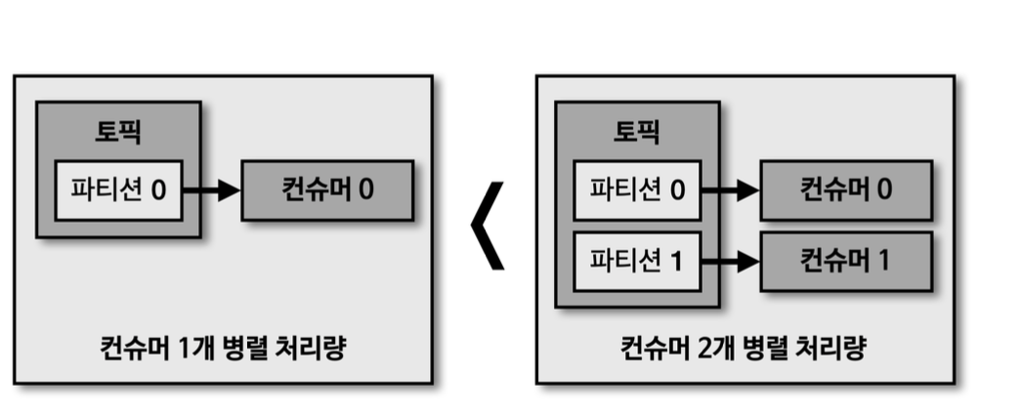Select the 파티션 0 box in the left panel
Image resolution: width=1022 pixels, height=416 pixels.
pyautogui.click(x=118, y=189)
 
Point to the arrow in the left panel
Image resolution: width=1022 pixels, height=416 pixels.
pyautogui.click(x=211, y=189)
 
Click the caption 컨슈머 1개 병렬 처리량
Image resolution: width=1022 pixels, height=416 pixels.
pyautogui.click(x=222, y=348)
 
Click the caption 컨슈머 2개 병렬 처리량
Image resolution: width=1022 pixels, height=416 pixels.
pyautogui.click(x=743, y=348)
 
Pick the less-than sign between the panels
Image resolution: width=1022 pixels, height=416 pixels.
pyautogui.click(x=488, y=226)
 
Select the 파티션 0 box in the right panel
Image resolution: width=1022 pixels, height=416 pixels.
pyautogui.click(x=637, y=189)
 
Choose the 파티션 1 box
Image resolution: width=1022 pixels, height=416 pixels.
pyautogui.click(x=637, y=261)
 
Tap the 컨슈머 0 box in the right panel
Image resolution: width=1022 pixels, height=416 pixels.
pyautogui.click(x=846, y=189)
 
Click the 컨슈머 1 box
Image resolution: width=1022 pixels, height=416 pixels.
pyautogui.click(x=846, y=261)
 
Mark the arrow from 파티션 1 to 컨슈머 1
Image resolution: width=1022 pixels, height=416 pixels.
pyautogui.click(x=731, y=261)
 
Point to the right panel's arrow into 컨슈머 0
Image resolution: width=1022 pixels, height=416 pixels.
pyautogui.click(x=731, y=189)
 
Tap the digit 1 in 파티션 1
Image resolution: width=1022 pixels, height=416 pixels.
pyautogui.click(x=677, y=261)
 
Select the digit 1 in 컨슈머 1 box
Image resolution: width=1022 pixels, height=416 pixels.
pyautogui.click(x=883, y=261)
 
